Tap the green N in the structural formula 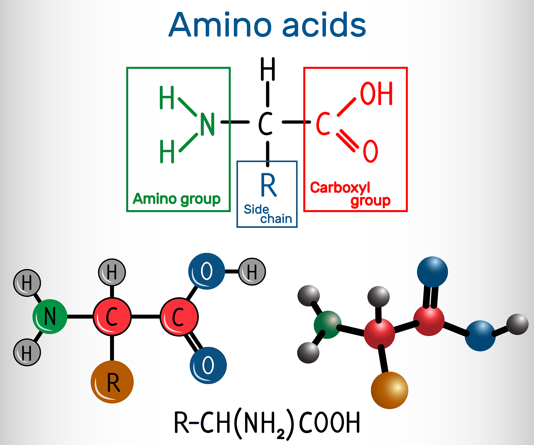point(207,124)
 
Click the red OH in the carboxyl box point(376,93)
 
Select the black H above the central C point(268,69)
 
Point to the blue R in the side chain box point(268,185)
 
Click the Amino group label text point(177,199)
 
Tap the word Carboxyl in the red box point(340,188)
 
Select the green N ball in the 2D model point(50,316)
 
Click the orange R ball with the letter point(112,382)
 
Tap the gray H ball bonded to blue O point(252,272)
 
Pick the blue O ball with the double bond point(208,365)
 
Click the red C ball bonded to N point(112,316)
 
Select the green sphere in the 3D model point(327,325)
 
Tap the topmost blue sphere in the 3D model point(432,272)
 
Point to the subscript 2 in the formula point(281,434)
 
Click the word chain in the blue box point(276,219)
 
